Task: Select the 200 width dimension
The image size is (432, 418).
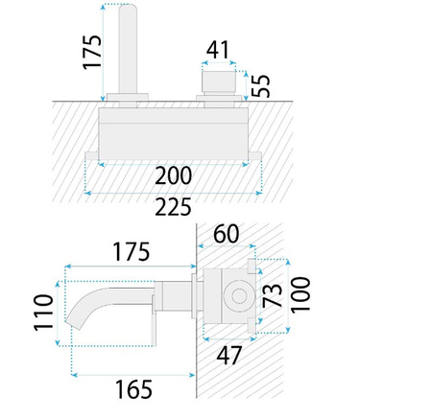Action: pyautogui.click(x=173, y=174)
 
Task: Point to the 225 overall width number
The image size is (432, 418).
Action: pyautogui.click(x=173, y=206)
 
